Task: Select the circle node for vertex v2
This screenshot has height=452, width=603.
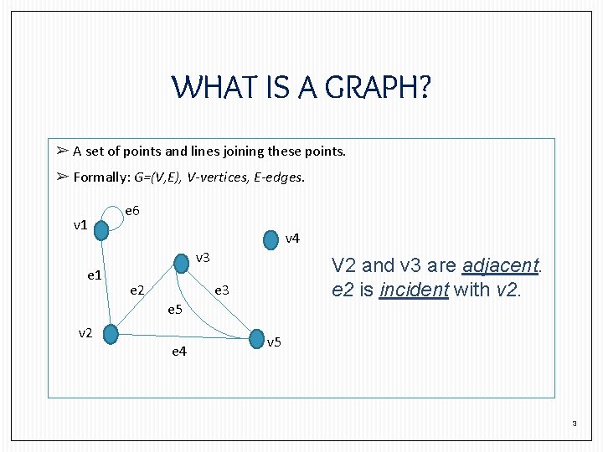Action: pyautogui.click(x=111, y=334)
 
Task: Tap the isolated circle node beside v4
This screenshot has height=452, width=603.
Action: pyautogui.click(x=271, y=239)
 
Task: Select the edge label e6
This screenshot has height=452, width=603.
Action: pyautogui.click(x=132, y=210)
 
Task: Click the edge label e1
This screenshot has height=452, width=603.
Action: pyautogui.click(x=95, y=275)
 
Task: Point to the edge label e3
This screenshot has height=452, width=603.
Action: pyautogui.click(x=222, y=290)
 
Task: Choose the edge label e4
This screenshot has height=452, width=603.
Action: pyautogui.click(x=179, y=352)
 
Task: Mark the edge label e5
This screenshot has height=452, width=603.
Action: pyautogui.click(x=174, y=310)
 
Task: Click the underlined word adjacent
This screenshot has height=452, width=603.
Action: pyautogui.click(x=499, y=266)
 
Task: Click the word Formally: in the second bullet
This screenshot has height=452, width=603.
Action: pyautogui.click(x=101, y=177)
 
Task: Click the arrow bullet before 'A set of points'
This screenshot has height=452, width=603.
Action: pyautogui.click(x=62, y=152)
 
